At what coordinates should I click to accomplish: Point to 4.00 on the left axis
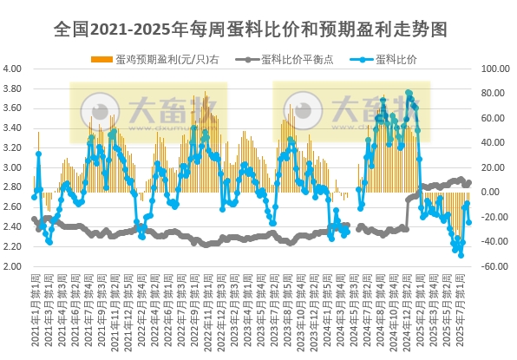click(x=12, y=69)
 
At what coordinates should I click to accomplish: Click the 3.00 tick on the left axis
click(x=12, y=167)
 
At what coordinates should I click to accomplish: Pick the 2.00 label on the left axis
click(x=12, y=266)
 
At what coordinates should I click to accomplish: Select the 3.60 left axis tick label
click(x=12, y=108)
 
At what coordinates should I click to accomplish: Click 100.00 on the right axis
click(x=495, y=69)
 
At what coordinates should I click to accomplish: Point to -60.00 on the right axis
click(x=495, y=266)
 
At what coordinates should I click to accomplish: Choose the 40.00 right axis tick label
click(x=497, y=143)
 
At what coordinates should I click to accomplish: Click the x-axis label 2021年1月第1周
click(x=35, y=312)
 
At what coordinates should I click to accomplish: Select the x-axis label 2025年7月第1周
click(x=460, y=312)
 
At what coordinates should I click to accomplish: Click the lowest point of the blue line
click(x=461, y=255)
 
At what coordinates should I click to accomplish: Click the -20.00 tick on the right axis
click(x=497, y=217)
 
